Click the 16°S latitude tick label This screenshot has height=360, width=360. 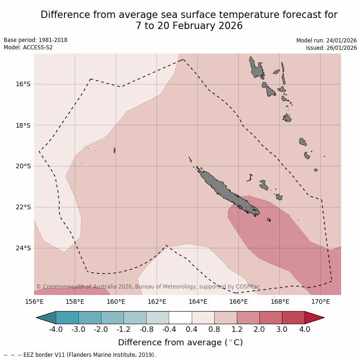pyautogui.click(x=23, y=84)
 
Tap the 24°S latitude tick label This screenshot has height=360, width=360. pyautogui.click(x=23, y=248)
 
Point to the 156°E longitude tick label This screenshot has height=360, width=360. pyautogui.click(x=34, y=302)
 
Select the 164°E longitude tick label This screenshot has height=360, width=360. pyautogui.click(x=198, y=302)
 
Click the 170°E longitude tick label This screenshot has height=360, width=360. pyautogui.click(x=320, y=302)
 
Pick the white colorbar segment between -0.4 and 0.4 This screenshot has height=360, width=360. pyautogui.click(x=180, y=318)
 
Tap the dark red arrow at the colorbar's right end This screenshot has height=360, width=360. pyautogui.click(x=314, y=318)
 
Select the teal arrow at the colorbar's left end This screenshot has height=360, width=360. pyautogui.click(x=46, y=318)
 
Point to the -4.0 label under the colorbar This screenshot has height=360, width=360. pyautogui.click(x=55, y=330)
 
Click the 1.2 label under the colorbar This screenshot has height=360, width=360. pyautogui.click(x=237, y=330)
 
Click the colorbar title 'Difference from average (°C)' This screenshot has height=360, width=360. pyautogui.click(x=180, y=342)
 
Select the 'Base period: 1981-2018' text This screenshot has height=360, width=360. pyautogui.click(x=35, y=40)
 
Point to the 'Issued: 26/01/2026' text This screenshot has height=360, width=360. pyautogui.click(x=331, y=48)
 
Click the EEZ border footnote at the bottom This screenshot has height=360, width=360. pyautogui.click(x=80, y=355)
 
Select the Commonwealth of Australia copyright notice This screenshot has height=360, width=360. pyautogui.click(x=148, y=287)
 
